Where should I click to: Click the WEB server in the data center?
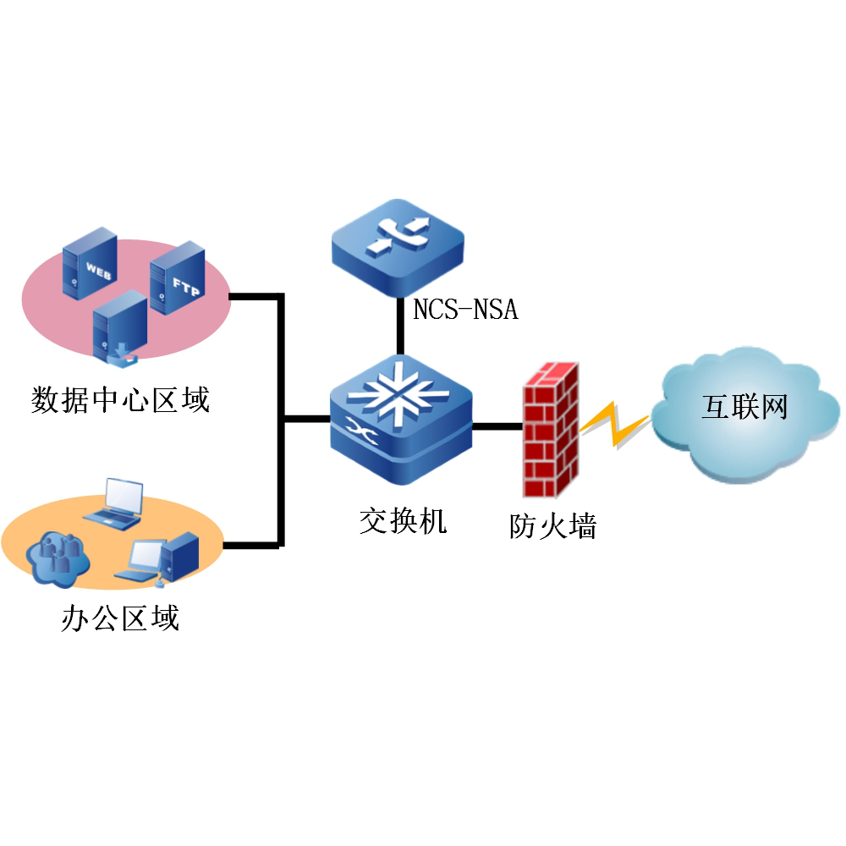coord(89,263)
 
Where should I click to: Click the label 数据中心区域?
coord(120,398)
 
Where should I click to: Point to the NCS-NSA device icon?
coord(398,249)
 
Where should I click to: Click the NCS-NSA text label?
coord(465,310)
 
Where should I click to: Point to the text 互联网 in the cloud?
coord(744,407)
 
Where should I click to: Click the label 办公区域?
coord(120,618)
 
